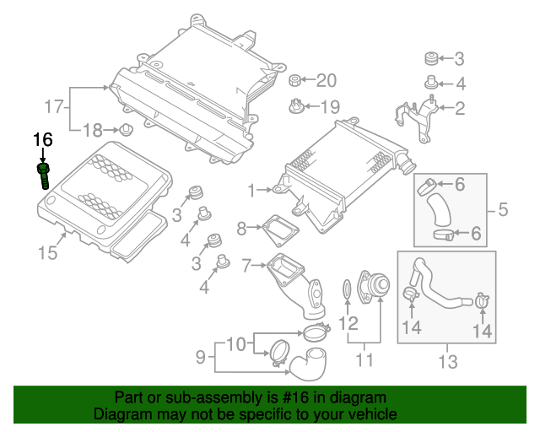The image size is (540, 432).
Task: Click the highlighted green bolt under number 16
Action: (x=44, y=176)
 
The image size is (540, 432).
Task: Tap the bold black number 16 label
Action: (x=43, y=139)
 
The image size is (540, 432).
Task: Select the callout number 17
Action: (x=55, y=107)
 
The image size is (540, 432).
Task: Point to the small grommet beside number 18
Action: (x=127, y=130)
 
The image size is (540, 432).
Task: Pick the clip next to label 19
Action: (x=295, y=106)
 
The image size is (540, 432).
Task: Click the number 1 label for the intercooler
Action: (x=251, y=192)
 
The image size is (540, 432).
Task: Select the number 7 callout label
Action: (x=246, y=266)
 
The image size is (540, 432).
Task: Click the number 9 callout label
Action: (x=201, y=358)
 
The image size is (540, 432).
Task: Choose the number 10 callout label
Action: (x=237, y=343)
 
